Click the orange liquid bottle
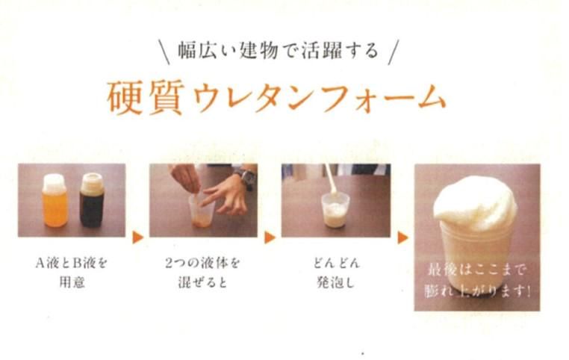tap(55, 201)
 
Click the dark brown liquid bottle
tap(92, 201)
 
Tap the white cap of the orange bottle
tap(54, 182)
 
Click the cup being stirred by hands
tap(202, 211)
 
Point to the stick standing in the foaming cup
tap(330, 180)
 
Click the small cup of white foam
tap(335, 210)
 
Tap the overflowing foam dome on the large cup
tap(475, 204)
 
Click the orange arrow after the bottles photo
tap(137, 238)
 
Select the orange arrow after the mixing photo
tap(270, 238)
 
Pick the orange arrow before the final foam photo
tap(402, 238)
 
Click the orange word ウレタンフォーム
tap(320, 98)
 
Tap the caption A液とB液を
tap(72, 263)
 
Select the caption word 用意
tap(72, 282)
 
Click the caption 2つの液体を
tap(202, 263)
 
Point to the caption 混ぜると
tap(202, 282)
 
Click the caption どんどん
tap(336, 263)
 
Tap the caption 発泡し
tap(336, 282)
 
